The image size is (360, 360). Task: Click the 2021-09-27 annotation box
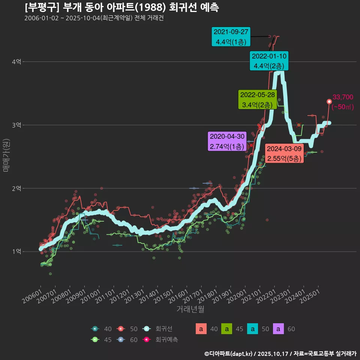231,37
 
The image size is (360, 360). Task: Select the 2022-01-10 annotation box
269,61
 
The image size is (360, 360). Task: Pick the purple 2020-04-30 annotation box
227,141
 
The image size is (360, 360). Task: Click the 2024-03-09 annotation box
284,154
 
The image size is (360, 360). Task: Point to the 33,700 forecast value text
343,97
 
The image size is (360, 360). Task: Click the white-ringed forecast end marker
329,102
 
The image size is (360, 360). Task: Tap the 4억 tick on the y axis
16,62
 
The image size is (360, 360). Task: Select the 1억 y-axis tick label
16,252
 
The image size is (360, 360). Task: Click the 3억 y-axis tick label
16,125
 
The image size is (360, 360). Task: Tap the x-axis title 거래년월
190,309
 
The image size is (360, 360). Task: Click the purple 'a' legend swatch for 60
280,329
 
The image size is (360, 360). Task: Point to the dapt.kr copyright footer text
280,354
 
